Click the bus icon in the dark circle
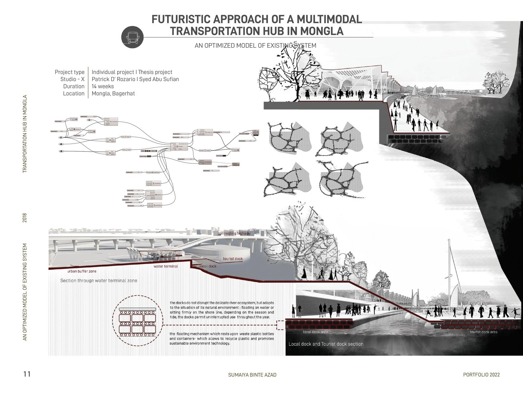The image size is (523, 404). pyautogui.click(x=132, y=37)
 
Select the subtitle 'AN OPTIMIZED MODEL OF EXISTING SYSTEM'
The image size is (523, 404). pyautogui.click(x=255, y=46)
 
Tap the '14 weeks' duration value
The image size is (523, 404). pyautogui.click(x=103, y=86)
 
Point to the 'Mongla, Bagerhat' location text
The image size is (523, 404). pyautogui.click(x=113, y=93)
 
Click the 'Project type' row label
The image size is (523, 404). pyautogui.click(x=69, y=72)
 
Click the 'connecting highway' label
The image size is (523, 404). pyautogui.click(x=234, y=234)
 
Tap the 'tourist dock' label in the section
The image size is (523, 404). pyautogui.click(x=233, y=259)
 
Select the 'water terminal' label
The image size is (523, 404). pyautogui.click(x=166, y=266)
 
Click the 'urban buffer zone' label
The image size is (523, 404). pyautogui.click(x=82, y=271)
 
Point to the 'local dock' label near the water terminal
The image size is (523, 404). pyautogui.click(x=208, y=266)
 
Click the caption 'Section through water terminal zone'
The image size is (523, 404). pyautogui.click(x=99, y=280)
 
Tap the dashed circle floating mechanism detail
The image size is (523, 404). pyautogui.click(x=138, y=321)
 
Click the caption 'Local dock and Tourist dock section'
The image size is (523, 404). pyautogui.click(x=326, y=344)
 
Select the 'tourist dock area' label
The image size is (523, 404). pyautogui.click(x=483, y=332)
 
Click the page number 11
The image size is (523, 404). pyautogui.click(x=27, y=374)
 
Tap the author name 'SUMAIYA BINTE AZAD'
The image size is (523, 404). pyautogui.click(x=252, y=375)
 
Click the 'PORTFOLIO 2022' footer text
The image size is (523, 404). pyautogui.click(x=481, y=375)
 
